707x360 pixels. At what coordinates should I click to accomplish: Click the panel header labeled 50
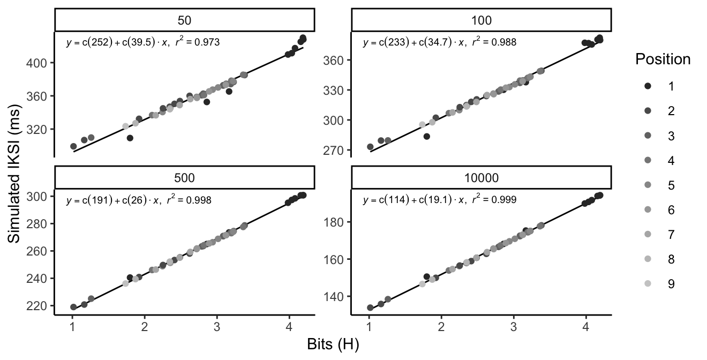184,20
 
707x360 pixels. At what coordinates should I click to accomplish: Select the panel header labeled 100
482,20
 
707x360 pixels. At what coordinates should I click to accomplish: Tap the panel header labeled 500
184,177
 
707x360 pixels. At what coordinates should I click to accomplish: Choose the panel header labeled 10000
482,177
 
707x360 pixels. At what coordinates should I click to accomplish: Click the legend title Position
663,59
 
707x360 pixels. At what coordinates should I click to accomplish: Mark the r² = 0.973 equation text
142,42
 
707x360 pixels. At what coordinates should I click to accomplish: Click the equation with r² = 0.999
440,200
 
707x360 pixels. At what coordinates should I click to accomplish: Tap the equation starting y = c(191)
138,200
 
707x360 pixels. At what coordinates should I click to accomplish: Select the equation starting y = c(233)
440,42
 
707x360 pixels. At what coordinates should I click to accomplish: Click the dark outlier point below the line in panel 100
427,137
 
